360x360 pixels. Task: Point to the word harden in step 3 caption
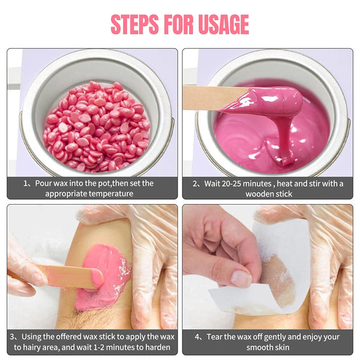(157, 347)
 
